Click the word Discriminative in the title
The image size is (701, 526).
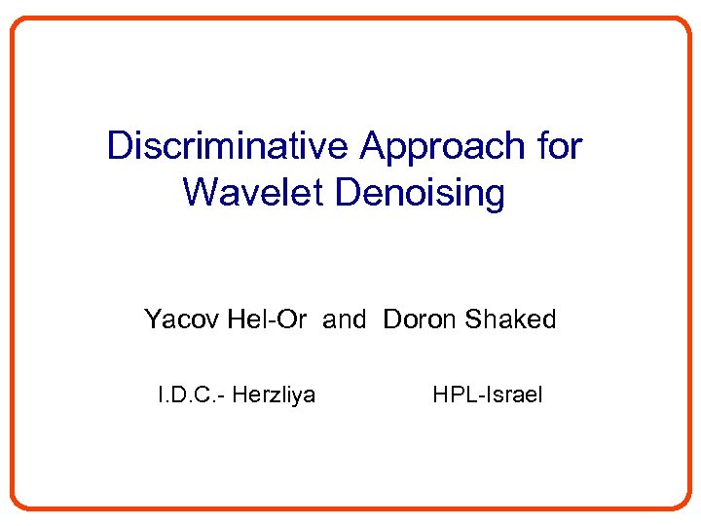[229, 146]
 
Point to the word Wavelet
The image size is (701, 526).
[252, 192]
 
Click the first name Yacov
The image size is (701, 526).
[183, 319]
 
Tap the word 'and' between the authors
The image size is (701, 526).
[345, 319]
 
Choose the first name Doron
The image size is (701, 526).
[421, 319]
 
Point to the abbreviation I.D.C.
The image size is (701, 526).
[188, 394]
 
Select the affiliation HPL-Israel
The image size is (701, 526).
[488, 394]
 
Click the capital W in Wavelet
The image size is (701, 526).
[200, 192]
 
